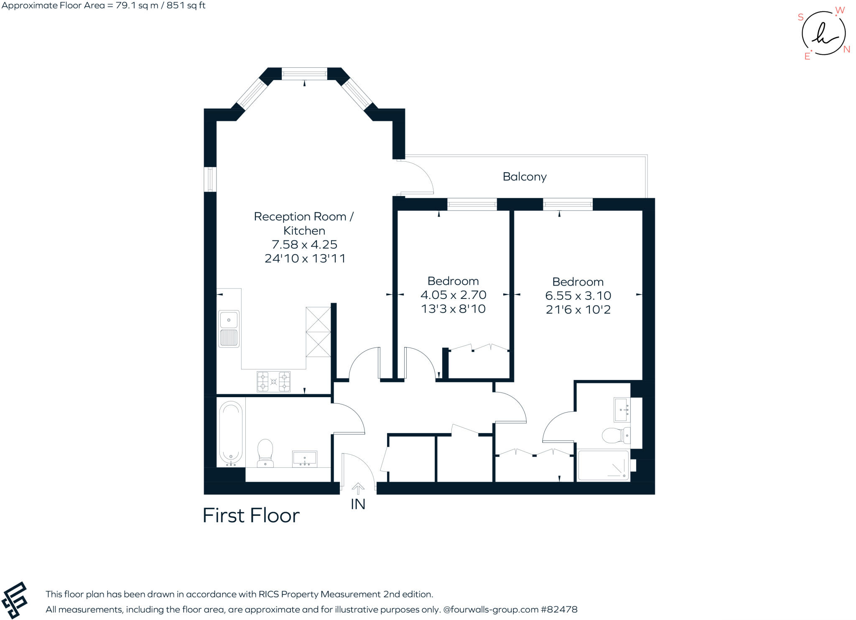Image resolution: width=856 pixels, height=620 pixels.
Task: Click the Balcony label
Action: tap(525, 177)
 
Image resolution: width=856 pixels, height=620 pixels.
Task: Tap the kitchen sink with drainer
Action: tap(229, 329)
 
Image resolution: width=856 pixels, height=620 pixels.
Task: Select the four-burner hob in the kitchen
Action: tap(273, 381)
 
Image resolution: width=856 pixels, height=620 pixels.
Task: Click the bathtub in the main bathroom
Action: tap(231, 434)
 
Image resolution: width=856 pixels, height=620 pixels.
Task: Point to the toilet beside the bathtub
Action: tap(265, 453)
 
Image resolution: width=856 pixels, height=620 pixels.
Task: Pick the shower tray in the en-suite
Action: tap(603, 465)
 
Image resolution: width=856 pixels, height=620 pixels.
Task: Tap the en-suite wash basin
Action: tap(622, 410)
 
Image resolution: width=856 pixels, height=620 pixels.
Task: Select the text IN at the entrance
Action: tap(358, 504)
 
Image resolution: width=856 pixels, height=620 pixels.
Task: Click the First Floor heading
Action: tap(251, 515)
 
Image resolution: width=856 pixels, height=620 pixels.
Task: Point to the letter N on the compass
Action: tap(847, 49)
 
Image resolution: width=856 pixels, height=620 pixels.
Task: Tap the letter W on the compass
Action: tap(840, 10)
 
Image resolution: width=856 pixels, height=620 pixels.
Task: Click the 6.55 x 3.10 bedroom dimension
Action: tap(578, 296)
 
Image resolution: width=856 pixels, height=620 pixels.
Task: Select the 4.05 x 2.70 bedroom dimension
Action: tap(453, 295)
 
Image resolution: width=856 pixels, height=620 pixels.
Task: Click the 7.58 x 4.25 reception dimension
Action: tap(304, 244)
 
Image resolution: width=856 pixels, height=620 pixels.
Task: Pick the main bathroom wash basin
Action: tap(304, 459)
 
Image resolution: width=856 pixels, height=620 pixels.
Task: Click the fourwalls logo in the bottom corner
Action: tap(14, 600)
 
